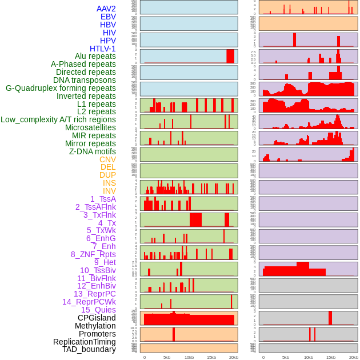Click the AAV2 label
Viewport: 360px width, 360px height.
click(106, 9)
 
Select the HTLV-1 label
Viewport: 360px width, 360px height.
click(103, 49)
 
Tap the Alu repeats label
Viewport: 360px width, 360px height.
click(95, 56)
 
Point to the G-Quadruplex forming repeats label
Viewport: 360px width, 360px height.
click(61, 88)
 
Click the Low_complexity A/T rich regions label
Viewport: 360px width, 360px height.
click(58, 119)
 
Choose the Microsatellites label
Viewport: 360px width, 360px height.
click(90, 127)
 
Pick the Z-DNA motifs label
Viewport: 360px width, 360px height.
click(93, 151)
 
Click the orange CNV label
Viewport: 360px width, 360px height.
click(107, 159)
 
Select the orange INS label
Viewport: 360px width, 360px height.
click(109, 183)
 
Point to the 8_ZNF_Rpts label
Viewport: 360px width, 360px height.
click(93, 254)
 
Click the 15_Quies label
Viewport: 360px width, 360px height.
click(98, 310)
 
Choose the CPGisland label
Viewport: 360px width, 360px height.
click(97, 318)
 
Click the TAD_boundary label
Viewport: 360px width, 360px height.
click(89, 349)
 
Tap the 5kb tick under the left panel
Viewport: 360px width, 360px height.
click(167, 357)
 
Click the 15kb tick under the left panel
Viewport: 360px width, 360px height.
click(211, 357)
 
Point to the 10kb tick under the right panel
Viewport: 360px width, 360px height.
click(309, 357)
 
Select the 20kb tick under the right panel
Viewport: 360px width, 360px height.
click(354, 357)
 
